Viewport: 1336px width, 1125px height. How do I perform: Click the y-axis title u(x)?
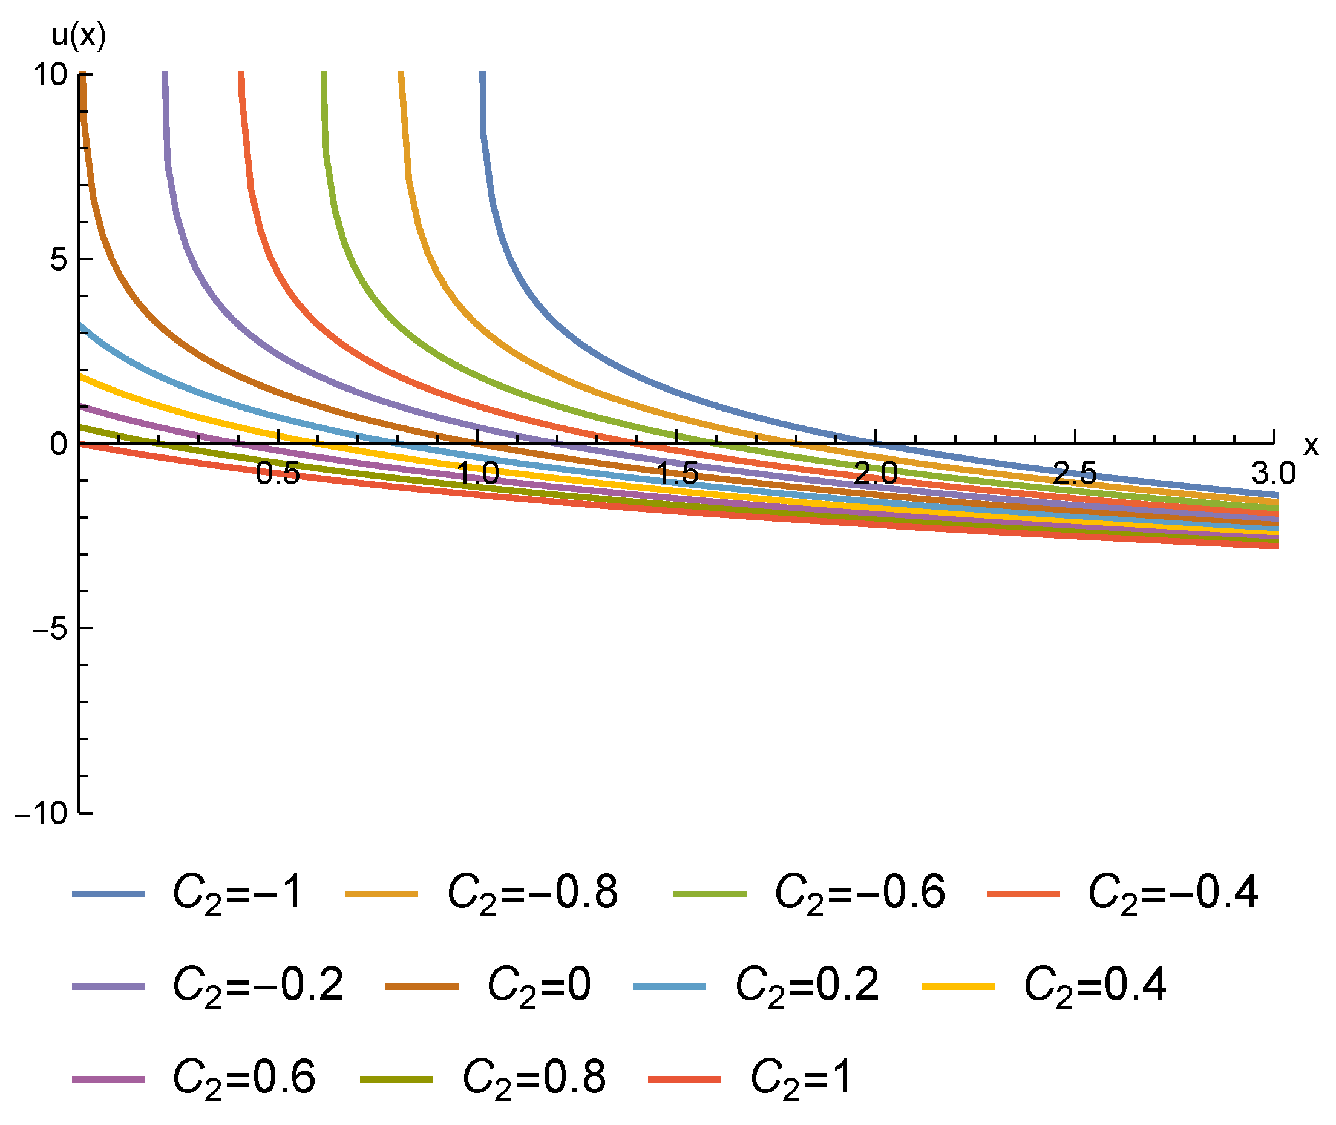coord(78,36)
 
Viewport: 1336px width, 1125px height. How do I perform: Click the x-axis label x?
coord(1310,445)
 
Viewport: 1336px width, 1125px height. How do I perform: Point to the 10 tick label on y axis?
coord(50,75)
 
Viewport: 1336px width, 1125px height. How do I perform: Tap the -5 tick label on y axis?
coord(50,628)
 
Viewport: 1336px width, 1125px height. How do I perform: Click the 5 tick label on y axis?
coord(59,260)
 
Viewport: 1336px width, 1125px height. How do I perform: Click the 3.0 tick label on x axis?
coord(1273,473)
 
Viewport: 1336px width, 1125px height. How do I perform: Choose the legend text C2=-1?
coord(237,893)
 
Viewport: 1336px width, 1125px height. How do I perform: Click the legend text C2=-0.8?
coord(532,893)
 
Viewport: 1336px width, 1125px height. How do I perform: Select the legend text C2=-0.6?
coord(859,893)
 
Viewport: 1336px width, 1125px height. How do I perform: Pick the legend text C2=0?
coord(539,985)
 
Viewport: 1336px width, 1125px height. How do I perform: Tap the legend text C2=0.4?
coord(1095,985)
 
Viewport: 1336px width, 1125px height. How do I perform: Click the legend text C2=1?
coord(801,1078)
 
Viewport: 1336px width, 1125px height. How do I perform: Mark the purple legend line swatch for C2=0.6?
coord(108,1079)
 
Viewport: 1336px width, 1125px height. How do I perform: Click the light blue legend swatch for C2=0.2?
coord(669,986)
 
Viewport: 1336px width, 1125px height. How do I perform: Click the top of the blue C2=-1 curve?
coord(482,75)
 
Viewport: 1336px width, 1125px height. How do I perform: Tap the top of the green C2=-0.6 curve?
coord(324,75)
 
